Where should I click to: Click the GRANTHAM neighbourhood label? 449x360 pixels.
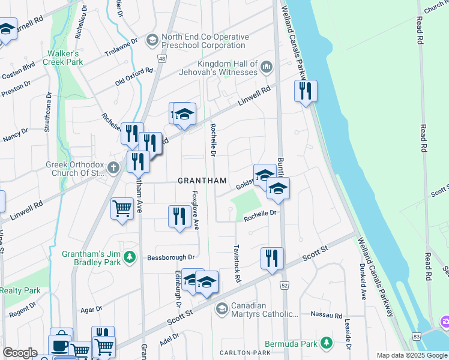[202, 181]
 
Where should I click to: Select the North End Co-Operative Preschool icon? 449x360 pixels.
[152, 40]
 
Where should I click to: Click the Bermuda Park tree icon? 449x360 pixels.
[326, 343]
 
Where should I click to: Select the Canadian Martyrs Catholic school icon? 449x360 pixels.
[221, 309]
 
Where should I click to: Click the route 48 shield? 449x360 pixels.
[163, 58]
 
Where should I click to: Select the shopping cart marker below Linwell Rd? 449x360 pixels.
[122, 209]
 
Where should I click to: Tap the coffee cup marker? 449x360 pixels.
[61, 346]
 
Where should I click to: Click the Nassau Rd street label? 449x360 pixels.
[326, 314]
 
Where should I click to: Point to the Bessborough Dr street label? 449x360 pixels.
[172, 257]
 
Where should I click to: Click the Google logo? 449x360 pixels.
[20, 353]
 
